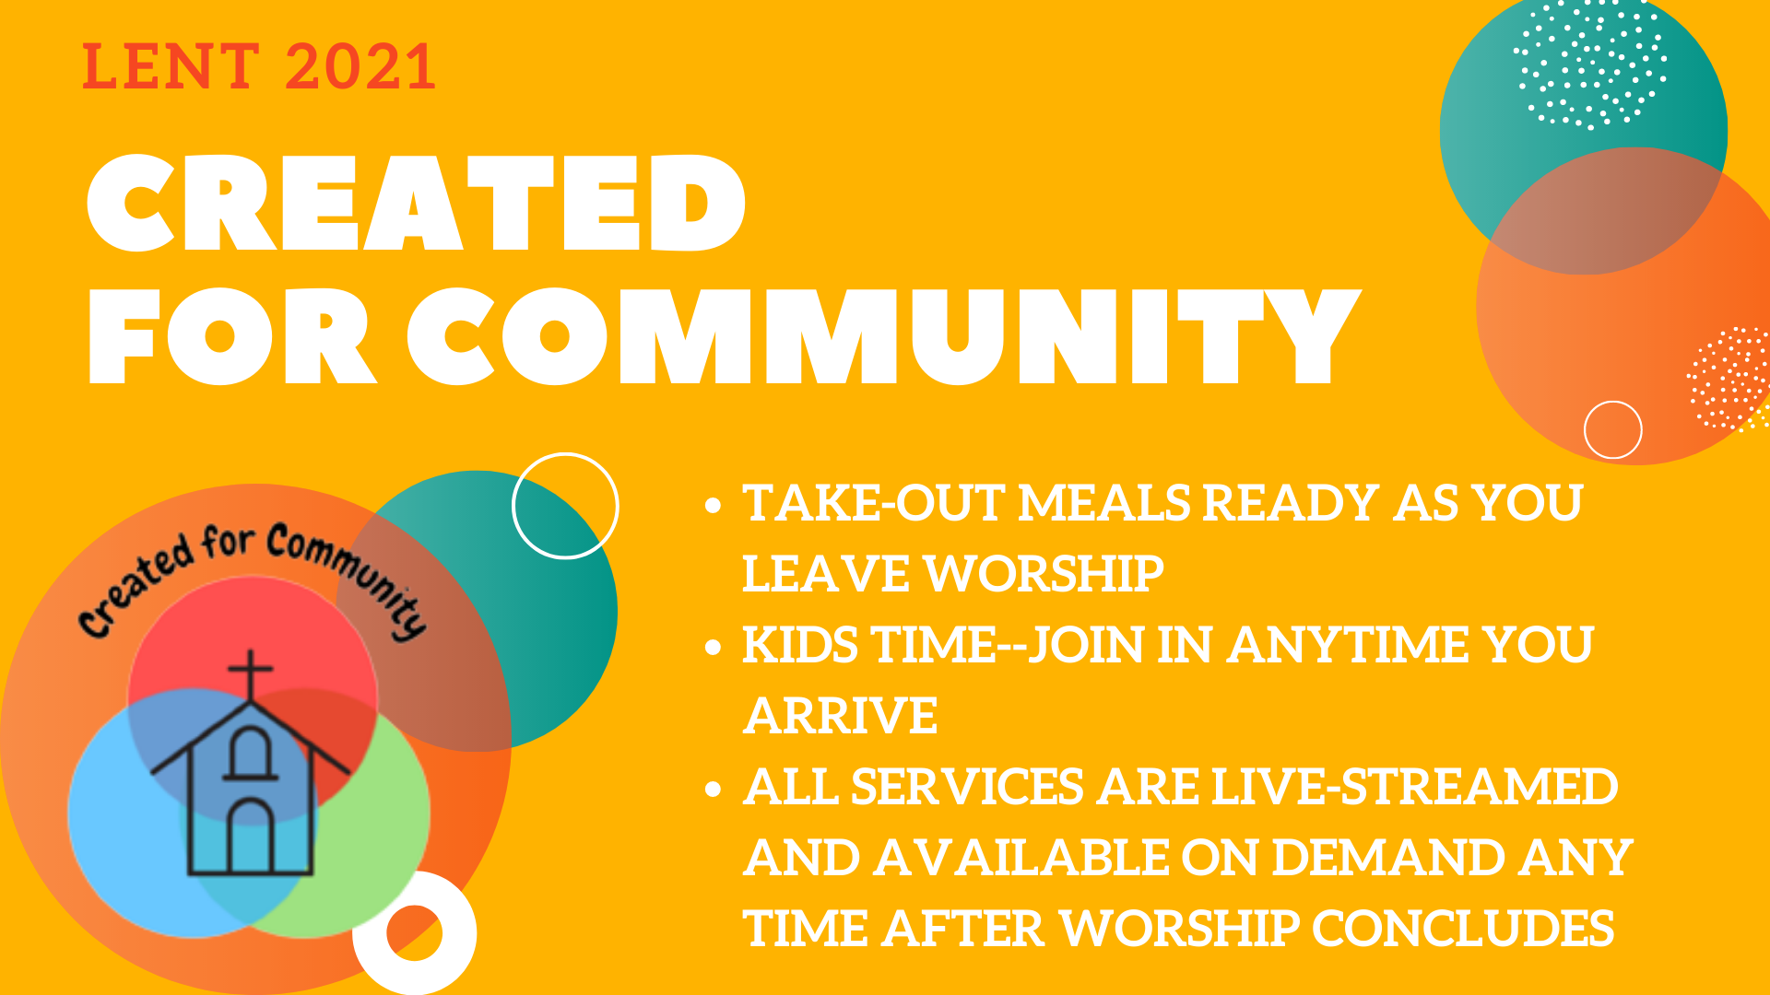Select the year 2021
360,66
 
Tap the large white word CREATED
416,203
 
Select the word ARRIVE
841,716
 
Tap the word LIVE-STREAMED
1414,787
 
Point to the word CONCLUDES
1463,929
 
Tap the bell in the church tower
250,753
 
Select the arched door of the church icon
250,836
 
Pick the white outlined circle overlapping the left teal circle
565,454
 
